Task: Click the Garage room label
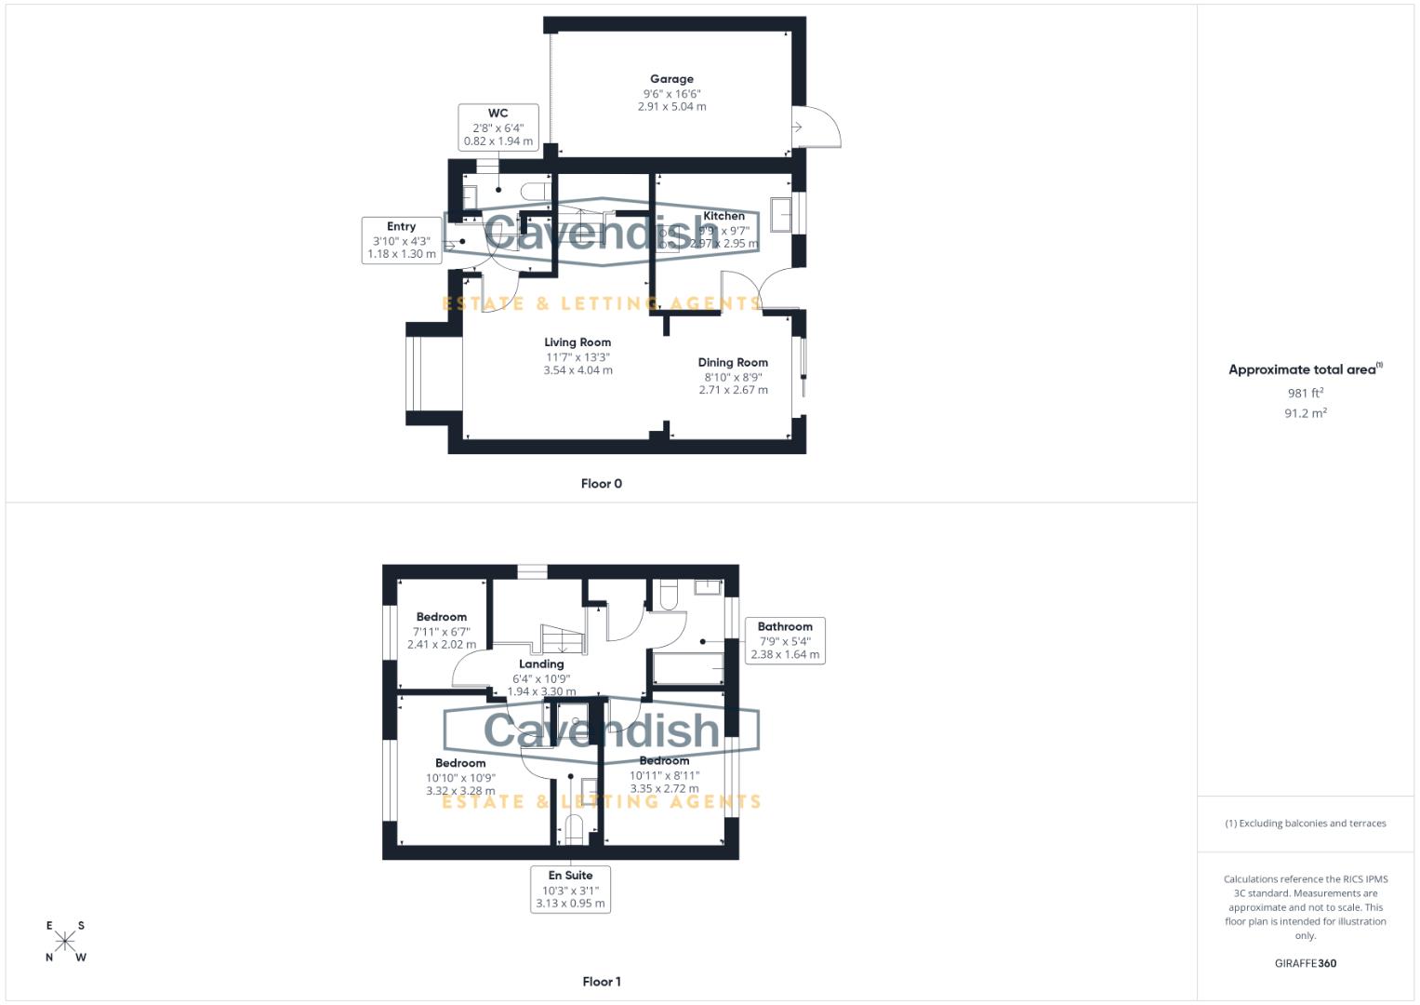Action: click(x=671, y=80)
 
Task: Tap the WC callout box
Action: click(x=498, y=127)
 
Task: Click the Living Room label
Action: click(x=577, y=342)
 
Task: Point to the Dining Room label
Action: click(x=733, y=363)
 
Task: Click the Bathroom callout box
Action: click(x=785, y=640)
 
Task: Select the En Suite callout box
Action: click(x=570, y=889)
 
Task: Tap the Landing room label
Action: click(x=541, y=664)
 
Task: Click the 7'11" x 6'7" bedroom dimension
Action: click(x=442, y=631)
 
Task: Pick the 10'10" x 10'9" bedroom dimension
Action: click(x=460, y=778)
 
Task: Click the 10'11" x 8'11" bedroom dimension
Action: click(x=664, y=775)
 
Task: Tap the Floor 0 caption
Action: click(x=601, y=484)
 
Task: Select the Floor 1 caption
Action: click(x=601, y=982)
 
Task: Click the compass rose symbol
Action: click(x=65, y=942)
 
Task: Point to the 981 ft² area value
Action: click(x=1305, y=394)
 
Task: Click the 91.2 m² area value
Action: click(x=1305, y=413)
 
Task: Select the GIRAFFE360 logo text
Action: click(x=1305, y=963)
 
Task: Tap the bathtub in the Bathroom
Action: click(x=688, y=668)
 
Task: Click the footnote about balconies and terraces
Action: click(x=1305, y=824)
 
